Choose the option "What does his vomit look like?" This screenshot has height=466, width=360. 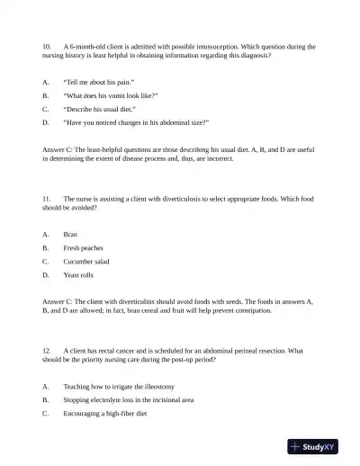(111, 94)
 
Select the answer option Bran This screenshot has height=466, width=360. (70, 234)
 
